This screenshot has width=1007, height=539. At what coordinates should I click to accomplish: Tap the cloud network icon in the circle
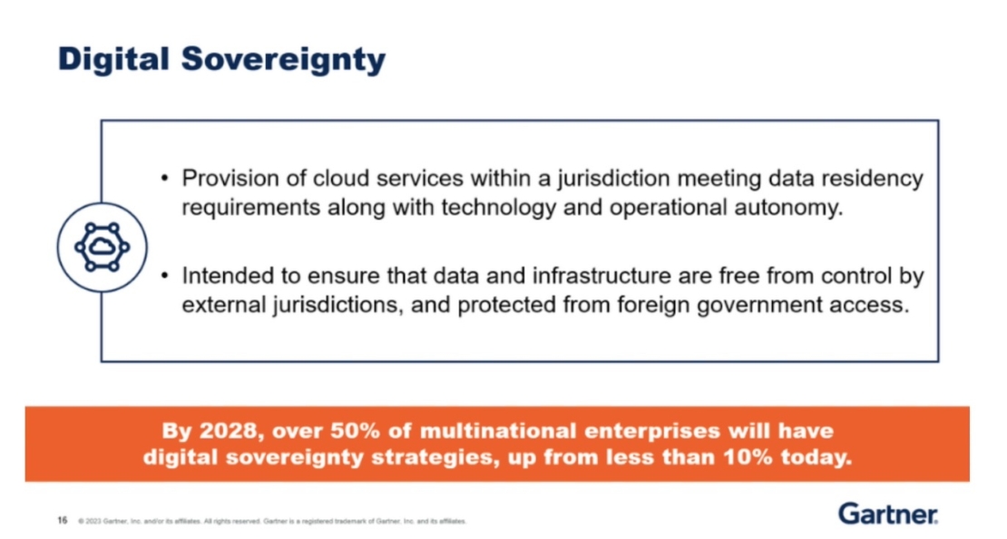[102, 246]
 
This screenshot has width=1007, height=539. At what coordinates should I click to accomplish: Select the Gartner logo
[887, 514]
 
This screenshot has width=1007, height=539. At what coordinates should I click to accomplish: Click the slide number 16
[63, 521]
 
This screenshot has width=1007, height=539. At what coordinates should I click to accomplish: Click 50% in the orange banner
[356, 430]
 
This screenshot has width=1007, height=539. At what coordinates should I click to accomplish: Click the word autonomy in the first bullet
[790, 206]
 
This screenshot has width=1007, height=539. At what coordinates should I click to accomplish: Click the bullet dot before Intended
[164, 276]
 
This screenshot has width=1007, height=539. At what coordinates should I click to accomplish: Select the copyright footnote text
[272, 522]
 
